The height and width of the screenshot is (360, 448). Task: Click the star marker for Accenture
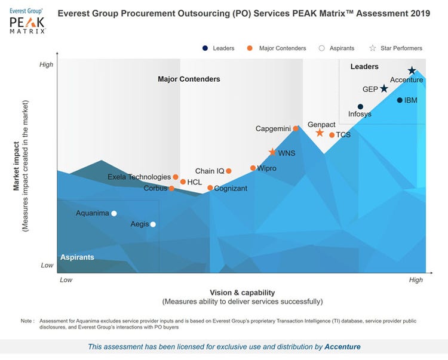pos(412,70)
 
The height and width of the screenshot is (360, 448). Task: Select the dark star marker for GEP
pos(384,88)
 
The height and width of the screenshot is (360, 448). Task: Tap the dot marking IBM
pos(400,100)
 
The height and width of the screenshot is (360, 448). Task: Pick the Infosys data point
pos(360,107)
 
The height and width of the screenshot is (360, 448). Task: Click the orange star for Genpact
pos(320,133)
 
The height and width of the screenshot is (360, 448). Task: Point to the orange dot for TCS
pos(332,135)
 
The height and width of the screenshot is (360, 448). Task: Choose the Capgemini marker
pos(296,128)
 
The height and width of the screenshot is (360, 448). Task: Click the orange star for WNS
pos(273,153)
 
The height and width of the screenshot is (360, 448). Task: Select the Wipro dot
pos(253,168)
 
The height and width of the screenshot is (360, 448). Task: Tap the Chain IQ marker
pos(229,171)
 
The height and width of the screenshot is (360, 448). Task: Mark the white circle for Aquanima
pos(114,213)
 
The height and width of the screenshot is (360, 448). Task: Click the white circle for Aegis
pos(153,224)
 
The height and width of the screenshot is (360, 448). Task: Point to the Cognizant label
pos(231,189)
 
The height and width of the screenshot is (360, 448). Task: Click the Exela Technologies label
pos(139,177)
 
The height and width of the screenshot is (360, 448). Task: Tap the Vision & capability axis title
pos(242,293)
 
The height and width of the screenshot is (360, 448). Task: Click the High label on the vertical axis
pos(46,64)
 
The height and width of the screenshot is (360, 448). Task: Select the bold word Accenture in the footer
pos(342,346)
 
